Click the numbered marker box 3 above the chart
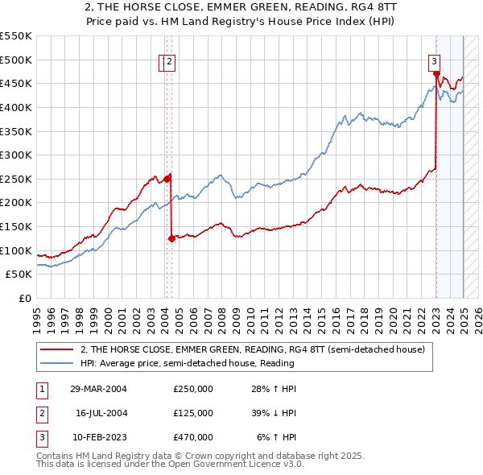click(x=434, y=59)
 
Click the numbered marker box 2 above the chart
click(x=171, y=59)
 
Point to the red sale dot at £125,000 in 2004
click(x=171, y=238)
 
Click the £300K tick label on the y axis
click(x=17, y=155)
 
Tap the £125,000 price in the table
click(x=193, y=413)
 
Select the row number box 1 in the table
click(x=41, y=389)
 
